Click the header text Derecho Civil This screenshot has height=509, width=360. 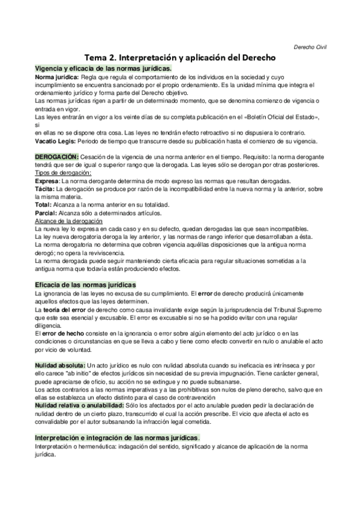tap(310, 47)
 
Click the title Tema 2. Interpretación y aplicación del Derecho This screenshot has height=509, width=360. tap(179, 58)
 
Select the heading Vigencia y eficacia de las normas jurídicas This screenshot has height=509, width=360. tap(103, 69)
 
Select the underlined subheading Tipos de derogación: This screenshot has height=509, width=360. tap(63, 173)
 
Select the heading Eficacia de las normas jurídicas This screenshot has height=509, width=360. tap(86, 284)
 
